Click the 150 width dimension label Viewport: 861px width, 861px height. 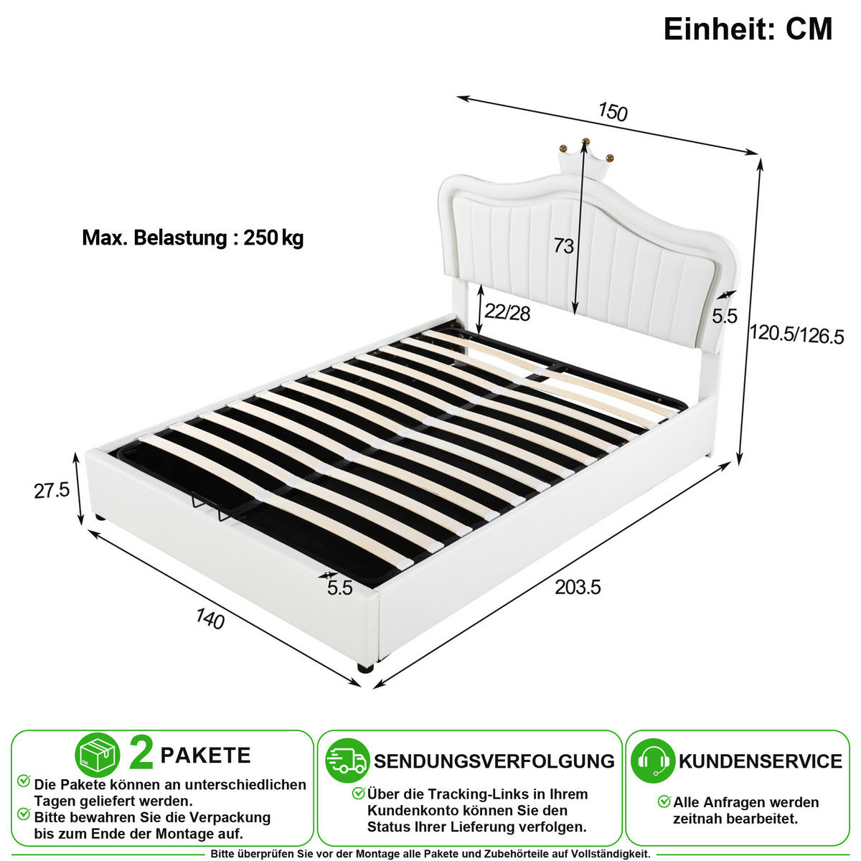click(613, 112)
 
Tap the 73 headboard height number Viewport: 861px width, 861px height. click(563, 246)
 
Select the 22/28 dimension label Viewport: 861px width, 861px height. click(507, 312)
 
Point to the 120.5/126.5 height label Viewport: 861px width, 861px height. click(796, 334)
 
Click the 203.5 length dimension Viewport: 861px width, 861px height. click(578, 587)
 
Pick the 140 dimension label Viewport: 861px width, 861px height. click(210, 618)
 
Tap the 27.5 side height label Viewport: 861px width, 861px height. click(52, 491)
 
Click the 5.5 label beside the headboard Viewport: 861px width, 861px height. click(724, 316)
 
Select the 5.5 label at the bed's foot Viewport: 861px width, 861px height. click(340, 588)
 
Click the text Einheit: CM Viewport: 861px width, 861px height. click(748, 29)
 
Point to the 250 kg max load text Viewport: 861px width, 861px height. click(273, 237)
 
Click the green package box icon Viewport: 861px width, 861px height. click(98, 756)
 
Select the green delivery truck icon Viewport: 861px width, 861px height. click(347, 761)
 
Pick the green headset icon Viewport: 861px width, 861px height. click(653, 761)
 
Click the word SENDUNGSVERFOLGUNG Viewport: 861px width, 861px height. click(494, 762)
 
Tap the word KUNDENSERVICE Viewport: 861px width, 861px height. click(761, 762)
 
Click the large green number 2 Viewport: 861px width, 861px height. click(141, 754)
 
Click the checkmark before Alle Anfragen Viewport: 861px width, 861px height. click(664, 801)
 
